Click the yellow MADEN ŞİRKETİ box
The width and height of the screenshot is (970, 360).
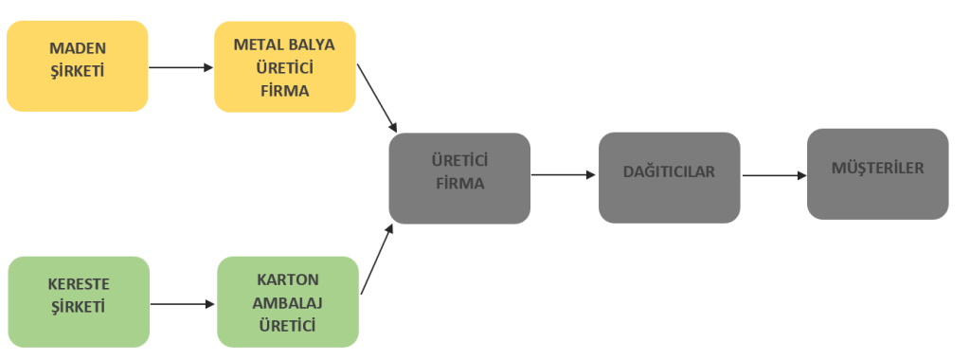tap(78, 66)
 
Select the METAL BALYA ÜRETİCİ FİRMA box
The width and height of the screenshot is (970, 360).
tap(285, 67)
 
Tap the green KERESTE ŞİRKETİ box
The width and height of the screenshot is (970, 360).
tap(79, 302)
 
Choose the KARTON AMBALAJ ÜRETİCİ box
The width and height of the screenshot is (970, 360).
tap(288, 302)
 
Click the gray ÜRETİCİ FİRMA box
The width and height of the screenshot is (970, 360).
tap(459, 178)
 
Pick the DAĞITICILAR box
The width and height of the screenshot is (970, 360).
tap(670, 177)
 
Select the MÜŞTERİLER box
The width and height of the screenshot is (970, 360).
tap(878, 173)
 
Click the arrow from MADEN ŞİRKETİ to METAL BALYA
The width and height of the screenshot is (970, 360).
tap(181, 67)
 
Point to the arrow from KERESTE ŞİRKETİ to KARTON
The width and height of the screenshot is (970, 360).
tap(183, 304)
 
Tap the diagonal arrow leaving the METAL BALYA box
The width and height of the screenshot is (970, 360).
tap(377, 98)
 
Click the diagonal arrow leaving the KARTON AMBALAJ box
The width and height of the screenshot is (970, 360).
tap(377, 259)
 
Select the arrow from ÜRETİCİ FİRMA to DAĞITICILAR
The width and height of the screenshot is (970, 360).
tap(564, 175)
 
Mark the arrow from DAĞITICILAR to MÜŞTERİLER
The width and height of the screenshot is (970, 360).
tap(775, 175)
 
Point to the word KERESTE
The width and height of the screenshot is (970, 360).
tap(79, 284)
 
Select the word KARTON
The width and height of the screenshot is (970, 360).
tap(288, 279)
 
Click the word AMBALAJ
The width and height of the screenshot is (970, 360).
tap(288, 303)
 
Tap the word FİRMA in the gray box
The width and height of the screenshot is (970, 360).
tap(459, 184)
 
